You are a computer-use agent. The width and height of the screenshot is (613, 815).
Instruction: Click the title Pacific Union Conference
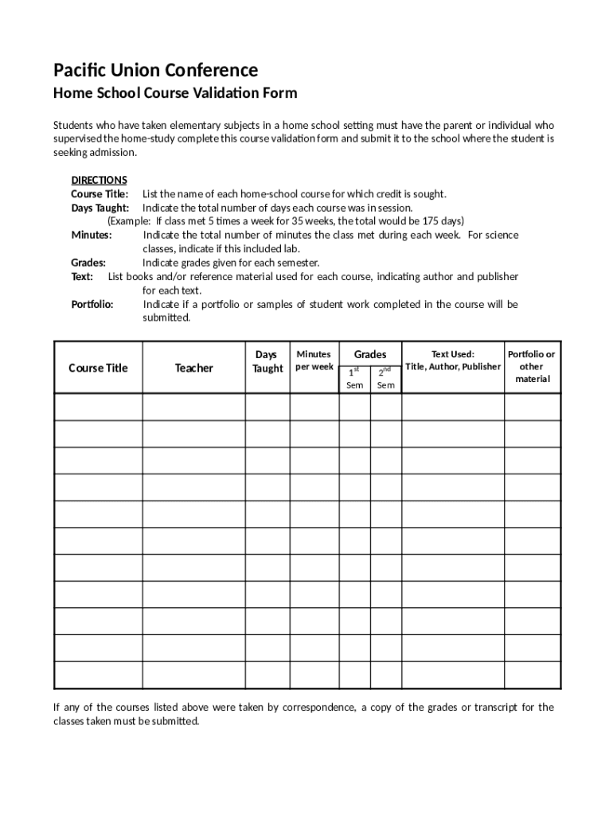tap(155, 70)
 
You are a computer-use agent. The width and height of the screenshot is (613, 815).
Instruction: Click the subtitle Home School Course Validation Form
tap(175, 93)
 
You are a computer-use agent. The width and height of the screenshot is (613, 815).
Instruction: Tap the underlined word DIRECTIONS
tap(99, 180)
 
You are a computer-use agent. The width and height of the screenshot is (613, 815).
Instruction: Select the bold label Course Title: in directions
tap(100, 194)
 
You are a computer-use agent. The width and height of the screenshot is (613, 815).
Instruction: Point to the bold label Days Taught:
tap(100, 208)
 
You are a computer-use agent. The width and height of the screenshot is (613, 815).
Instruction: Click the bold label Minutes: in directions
tap(92, 235)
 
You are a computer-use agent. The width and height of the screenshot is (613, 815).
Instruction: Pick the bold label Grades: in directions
tap(88, 263)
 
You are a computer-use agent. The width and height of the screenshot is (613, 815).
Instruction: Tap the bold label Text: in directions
tap(82, 276)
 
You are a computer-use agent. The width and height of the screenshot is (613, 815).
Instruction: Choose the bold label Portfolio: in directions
tap(92, 304)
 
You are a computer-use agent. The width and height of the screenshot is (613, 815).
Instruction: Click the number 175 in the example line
tap(420, 221)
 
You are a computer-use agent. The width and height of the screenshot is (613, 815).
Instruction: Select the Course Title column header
tap(98, 368)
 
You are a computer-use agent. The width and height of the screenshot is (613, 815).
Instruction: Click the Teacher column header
tap(194, 368)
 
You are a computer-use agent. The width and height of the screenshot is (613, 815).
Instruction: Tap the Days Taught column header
tap(267, 361)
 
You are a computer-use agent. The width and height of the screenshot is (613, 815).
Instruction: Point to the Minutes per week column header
tap(314, 361)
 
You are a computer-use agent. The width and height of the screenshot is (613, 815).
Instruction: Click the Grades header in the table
tap(370, 354)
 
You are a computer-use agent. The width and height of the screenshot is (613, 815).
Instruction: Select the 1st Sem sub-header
tap(355, 378)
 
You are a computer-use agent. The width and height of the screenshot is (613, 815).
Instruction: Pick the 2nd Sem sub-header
tap(385, 378)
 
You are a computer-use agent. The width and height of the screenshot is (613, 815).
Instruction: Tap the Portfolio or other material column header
tap(532, 366)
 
